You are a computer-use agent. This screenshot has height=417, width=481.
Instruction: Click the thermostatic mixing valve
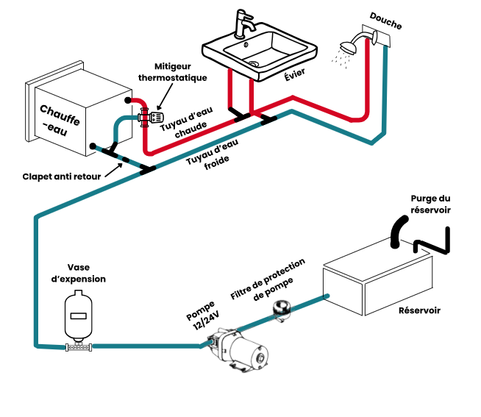pos(152,115)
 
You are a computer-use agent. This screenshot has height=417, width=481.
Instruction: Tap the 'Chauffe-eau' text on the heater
pos(60,118)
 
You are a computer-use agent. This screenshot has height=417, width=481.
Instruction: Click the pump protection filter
pos(280,310)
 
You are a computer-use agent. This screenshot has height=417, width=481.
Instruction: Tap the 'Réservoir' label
pos(419,310)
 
